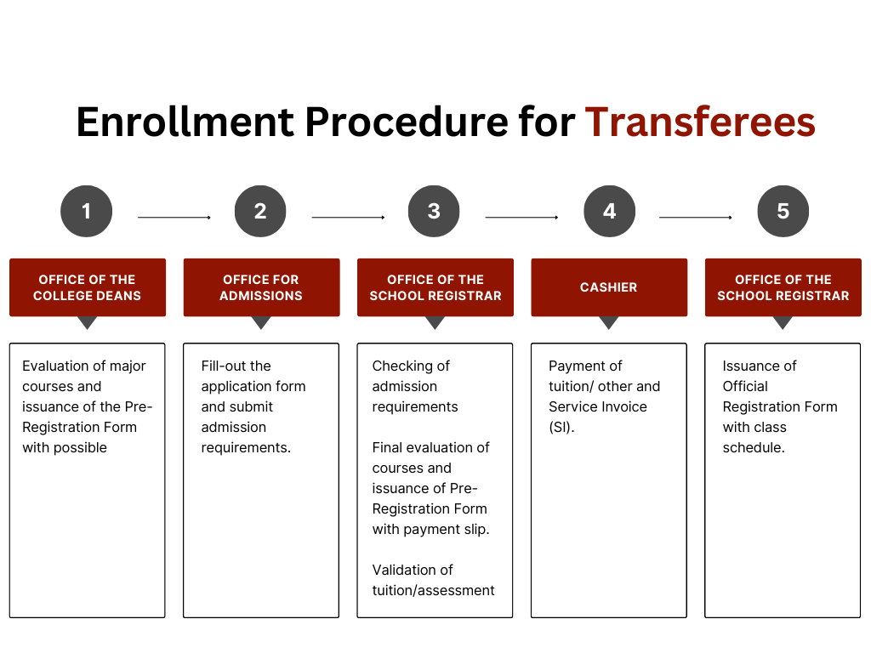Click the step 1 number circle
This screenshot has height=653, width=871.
(x=86, y=211)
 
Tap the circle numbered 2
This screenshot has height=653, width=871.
(x=260, y=211)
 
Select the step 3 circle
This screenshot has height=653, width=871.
(x=434, y=211)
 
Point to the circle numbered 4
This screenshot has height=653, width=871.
(x=609, y=211)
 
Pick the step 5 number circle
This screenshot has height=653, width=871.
(x=783, y=211)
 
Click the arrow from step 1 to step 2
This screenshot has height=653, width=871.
(x=174, y=217)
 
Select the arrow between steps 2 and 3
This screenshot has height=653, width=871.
(x=348, y=217)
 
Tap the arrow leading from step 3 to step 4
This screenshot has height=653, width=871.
(x=522, y=217)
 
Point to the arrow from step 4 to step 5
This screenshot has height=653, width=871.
(x=696, y=217)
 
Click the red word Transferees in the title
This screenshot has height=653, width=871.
(x=700, y=122)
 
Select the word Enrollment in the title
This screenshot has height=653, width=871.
(x=185, y=122)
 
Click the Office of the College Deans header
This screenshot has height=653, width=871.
(x=88, y=287)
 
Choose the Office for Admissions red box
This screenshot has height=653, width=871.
(x=261, y=287)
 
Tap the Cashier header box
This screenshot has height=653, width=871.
(x=609, y=287)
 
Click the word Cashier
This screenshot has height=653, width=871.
(x=609, y=287)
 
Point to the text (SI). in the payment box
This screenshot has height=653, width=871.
(x=561, y=427)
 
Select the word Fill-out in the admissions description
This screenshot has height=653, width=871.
(x=236, y=366)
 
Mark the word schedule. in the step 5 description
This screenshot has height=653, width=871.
(x=754, y=447)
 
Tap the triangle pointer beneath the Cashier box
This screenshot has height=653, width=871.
(x=609, y=322)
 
